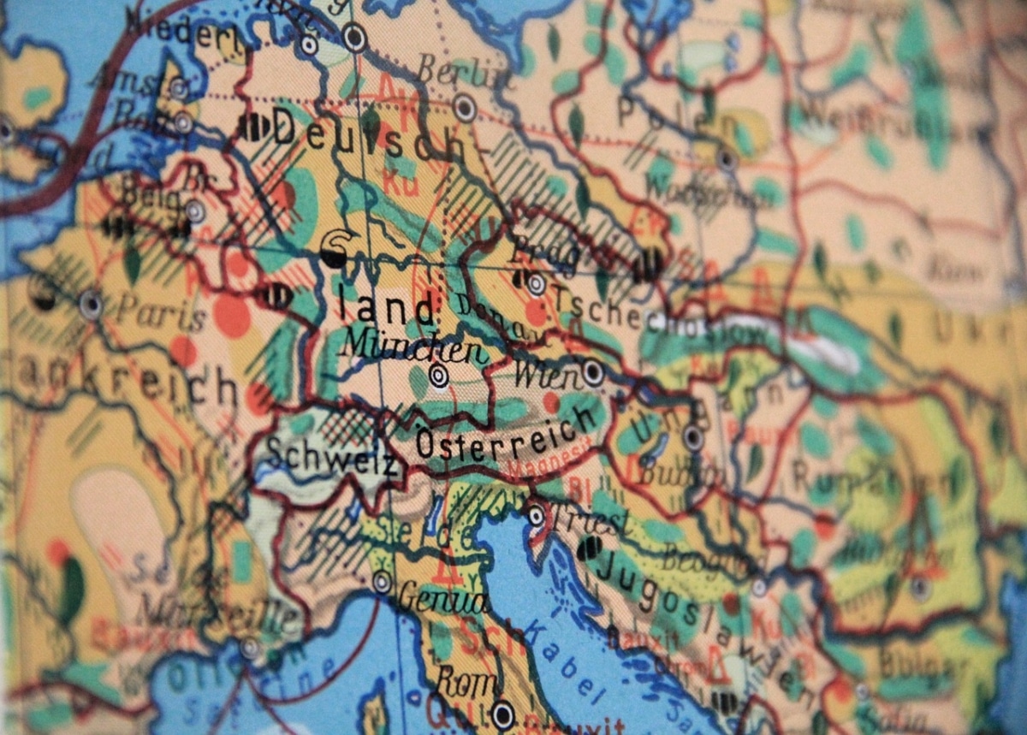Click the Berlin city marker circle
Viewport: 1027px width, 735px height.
point(465,108)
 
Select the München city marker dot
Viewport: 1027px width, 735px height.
point(439,375)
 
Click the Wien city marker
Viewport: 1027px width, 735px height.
point(592,372)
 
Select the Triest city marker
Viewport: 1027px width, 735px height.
point(536,515)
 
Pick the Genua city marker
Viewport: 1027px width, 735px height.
point(382,582)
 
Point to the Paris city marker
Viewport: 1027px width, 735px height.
point(91,304)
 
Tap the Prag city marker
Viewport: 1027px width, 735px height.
point(537,284)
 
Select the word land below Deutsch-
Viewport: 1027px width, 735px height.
point(386,308)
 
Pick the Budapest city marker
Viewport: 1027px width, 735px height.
point(693,438)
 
